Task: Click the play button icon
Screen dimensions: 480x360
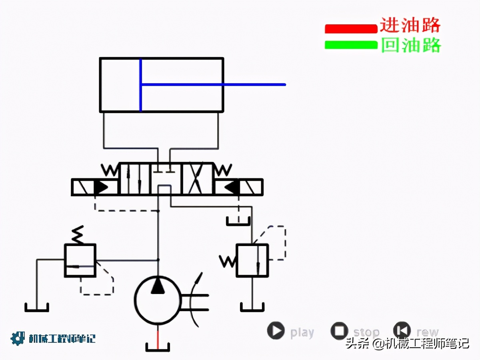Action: pos(276,331)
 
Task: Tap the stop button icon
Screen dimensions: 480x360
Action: pos(340,331)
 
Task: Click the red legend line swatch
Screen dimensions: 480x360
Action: pos(351,28)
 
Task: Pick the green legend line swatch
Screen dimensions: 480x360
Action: pos(351,45)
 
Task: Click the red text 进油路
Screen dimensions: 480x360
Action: pos(410,25)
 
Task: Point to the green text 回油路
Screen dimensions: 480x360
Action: pos(411,45)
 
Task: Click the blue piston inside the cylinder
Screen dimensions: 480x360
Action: pos(140,85)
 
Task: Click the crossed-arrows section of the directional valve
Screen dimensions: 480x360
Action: pos(197,179)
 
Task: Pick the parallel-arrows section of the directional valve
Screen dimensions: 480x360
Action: pos(135,179)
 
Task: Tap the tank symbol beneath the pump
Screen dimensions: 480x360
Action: pos(158,348)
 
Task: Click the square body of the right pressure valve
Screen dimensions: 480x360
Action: pos(252,260)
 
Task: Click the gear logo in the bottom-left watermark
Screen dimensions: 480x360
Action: pos(18,338)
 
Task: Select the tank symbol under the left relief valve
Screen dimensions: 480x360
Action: pos(36,308)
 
